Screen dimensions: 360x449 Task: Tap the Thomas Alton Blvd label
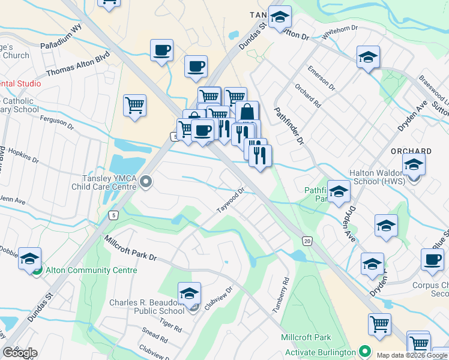point(77,64)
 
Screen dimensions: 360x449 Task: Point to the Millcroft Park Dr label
point(130,248)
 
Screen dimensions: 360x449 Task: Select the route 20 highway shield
point(307,241)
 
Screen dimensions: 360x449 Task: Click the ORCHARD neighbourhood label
point(409,151)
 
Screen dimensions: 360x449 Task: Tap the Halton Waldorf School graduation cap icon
point(414,164)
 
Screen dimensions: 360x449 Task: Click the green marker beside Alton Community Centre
point(37,271)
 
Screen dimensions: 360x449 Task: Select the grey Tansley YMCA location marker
point(146,181)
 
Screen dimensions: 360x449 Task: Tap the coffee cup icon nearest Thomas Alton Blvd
point(161,50)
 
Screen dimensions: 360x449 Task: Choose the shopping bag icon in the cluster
point(247,112)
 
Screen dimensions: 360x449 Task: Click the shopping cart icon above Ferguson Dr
point(135,106)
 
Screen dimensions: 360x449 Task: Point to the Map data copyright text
point(412,355)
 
